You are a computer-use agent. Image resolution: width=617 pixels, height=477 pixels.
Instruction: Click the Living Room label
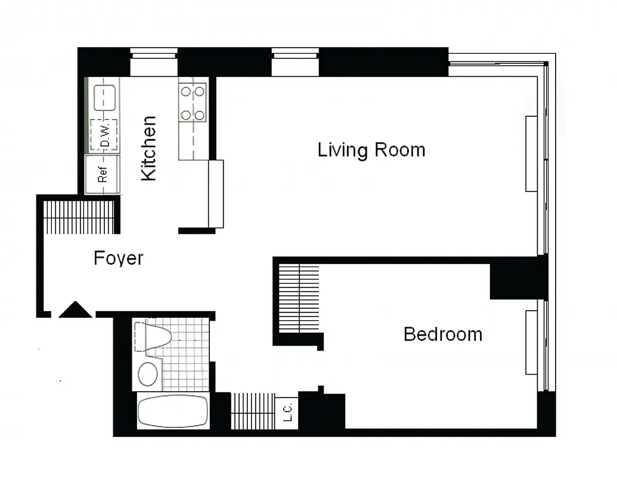pos(371,149)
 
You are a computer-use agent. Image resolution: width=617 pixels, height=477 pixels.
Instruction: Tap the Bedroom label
pos(442,334)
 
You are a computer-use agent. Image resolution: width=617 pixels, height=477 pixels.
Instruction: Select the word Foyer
pos(119,258)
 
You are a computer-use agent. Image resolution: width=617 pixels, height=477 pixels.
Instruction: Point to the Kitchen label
pos(148,148)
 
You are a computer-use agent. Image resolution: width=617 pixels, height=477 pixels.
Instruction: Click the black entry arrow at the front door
pos(75,310)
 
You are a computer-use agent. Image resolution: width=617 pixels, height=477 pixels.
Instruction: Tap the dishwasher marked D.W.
pos(104,135)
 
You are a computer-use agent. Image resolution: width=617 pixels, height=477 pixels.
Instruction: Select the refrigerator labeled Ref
pos(103,175)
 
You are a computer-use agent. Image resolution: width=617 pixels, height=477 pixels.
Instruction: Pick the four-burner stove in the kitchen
pos(193,103)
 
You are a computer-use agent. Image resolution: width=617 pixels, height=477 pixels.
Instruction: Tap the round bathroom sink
pos(148,374)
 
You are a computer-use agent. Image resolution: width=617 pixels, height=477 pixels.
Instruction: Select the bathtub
pos(172,411)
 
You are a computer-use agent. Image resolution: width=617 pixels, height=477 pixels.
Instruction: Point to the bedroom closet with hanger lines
pos(299,298)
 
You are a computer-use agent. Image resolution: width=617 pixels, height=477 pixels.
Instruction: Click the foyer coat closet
pos(79,217)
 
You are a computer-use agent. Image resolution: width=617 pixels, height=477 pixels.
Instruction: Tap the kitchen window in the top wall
pos(154,63)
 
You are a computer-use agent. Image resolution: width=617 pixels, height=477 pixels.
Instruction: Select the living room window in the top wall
pos(295,63)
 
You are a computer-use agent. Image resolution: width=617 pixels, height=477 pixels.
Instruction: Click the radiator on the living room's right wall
pos(531,154)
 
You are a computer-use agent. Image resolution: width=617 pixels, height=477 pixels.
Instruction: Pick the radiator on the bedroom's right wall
pos(531,342)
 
